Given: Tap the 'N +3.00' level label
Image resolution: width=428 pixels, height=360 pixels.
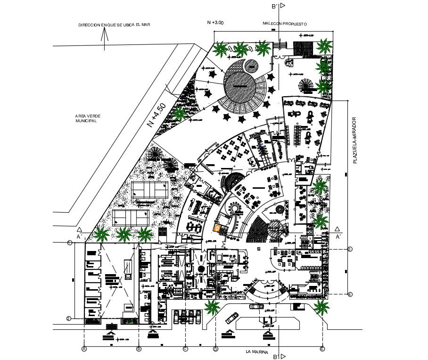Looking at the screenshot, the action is pyautogui.click(x=215, y=22).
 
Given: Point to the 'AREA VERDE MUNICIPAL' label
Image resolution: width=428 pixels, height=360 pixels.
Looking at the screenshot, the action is pyautogui.click(x=88, y=118).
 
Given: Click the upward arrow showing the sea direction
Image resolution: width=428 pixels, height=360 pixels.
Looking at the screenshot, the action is pyautogui.click(x=104, y=41).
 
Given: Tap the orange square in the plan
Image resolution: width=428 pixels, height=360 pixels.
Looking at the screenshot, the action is pyautogui.click(x=217, y=228).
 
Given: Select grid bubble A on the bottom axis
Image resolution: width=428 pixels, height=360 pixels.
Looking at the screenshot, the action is pyautogui.click(x=84, y=349).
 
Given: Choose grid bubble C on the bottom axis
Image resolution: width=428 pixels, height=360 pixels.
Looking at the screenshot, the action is pyautogui.click(x=185, y=349).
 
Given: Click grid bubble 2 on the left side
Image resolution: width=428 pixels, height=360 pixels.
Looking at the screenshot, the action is pyautogui.click(x=69, y=318).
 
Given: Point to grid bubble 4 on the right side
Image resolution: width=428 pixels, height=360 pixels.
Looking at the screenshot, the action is pyautogui.click(x=350, y=295).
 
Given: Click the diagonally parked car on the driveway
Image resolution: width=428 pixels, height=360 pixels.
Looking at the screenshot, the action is pyautogui.click(x=232, y=318).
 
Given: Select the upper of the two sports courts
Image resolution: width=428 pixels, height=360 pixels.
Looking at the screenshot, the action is pyautogui.click(x=150, y=190).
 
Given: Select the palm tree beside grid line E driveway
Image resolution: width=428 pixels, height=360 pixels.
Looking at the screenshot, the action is pyautogui.click(x=322, y=308).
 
